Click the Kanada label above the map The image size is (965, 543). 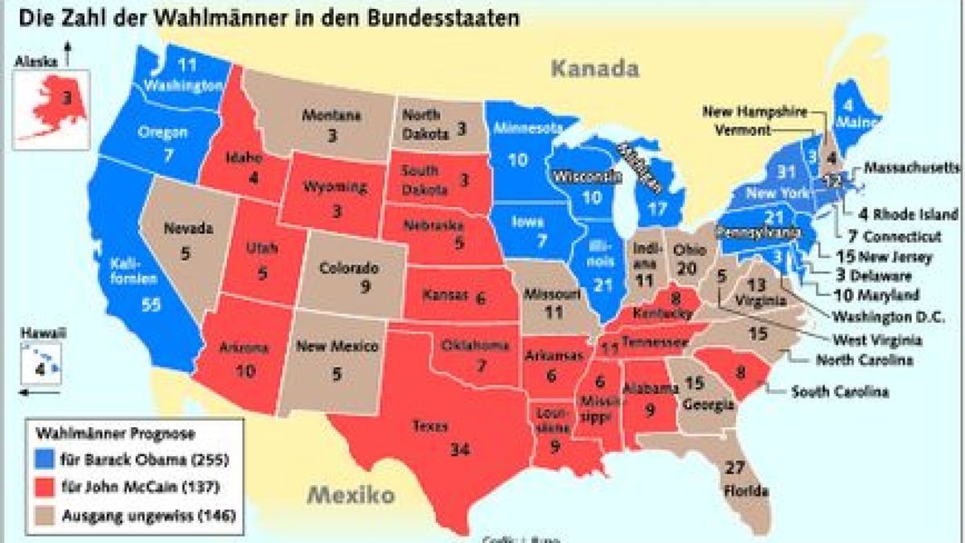595,68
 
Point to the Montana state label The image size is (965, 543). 331,115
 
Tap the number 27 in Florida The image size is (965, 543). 734,468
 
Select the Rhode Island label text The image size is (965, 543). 915,215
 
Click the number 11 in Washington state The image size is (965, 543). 187,65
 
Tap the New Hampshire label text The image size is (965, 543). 755,112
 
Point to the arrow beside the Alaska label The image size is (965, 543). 68,54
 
